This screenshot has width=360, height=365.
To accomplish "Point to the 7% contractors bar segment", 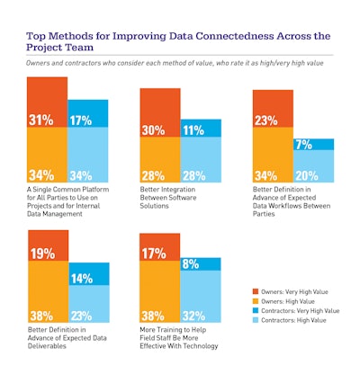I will coord(306,145).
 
